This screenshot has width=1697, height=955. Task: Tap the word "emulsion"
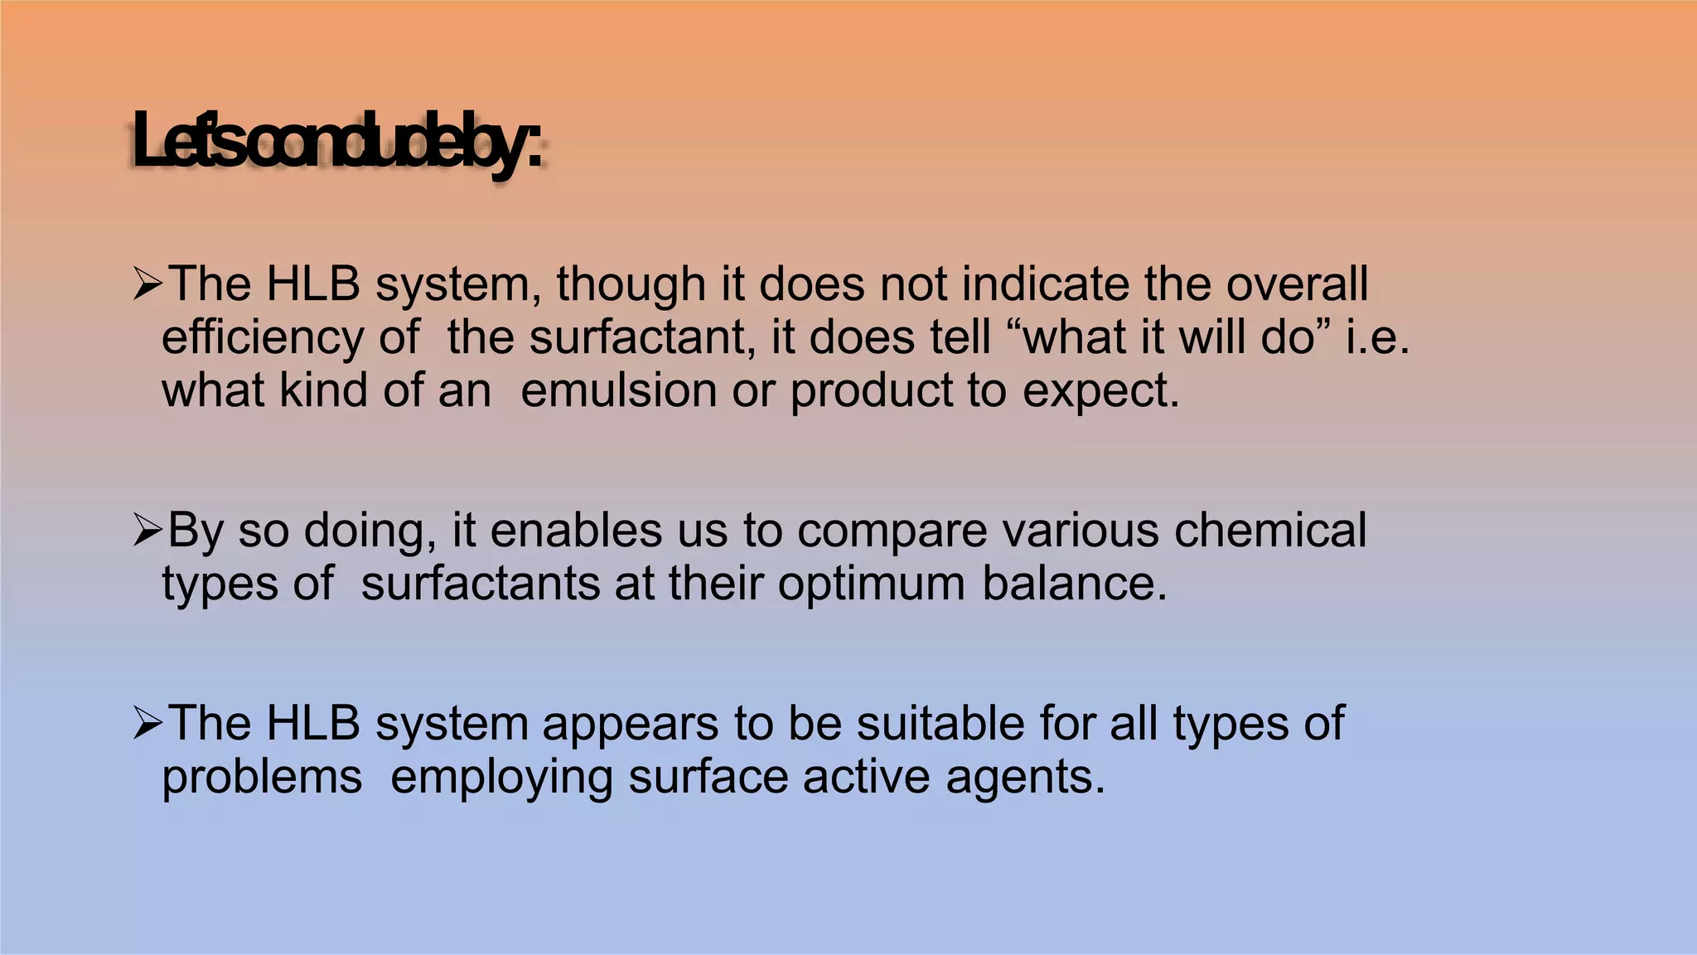[x=618, y=390]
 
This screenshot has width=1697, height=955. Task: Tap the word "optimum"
[x=871, y=584]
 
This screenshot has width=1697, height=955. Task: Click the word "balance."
[x=1075, y=584]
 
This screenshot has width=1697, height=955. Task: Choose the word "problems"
[x=262, y=778]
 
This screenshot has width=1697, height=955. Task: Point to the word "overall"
[x=1297, y=284]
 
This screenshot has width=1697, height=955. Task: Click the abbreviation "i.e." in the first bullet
[x=1377, y=338]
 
